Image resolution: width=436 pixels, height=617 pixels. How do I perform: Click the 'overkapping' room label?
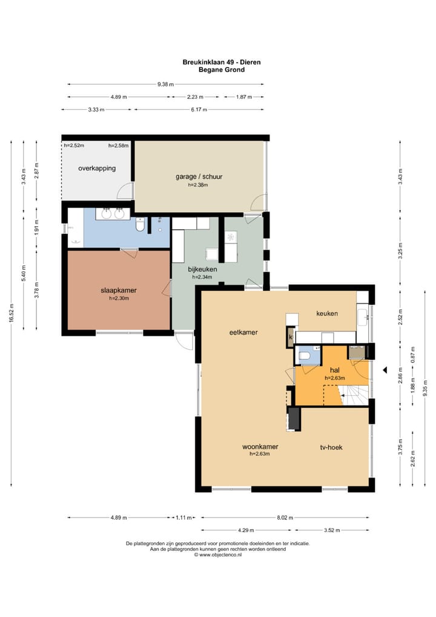coord(97,168)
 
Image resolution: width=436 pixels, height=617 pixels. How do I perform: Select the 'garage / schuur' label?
coord(199,177)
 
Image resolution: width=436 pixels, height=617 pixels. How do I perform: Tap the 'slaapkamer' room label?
coord(119,290)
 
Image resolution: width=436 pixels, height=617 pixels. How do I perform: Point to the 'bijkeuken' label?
coord(202,270)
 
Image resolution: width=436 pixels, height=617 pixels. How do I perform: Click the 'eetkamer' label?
coord(243,333)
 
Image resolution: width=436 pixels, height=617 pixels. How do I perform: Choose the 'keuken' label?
coord(327,313)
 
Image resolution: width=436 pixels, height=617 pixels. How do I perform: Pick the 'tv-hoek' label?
coord(331,447)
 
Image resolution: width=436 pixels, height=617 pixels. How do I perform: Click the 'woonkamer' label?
coord(260,447)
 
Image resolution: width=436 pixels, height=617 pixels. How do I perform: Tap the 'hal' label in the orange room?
coord(334,370)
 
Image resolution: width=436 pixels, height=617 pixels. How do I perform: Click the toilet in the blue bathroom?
coord(140,225)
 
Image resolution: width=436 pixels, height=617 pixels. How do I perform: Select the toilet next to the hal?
coord(305,356)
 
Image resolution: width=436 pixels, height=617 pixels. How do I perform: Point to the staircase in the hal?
coord(355,395)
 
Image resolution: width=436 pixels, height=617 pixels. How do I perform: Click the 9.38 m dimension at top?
coord(165,84)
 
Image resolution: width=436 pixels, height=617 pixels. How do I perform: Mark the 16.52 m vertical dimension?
coord(12,313)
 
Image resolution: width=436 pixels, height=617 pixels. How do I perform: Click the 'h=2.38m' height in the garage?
coord(198,185)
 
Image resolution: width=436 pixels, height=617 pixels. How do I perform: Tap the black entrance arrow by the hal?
coord(385,370)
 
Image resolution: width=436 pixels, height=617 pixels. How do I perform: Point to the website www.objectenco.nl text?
coord(220,555)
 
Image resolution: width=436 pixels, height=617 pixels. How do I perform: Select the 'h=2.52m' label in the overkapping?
coord(74,145)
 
